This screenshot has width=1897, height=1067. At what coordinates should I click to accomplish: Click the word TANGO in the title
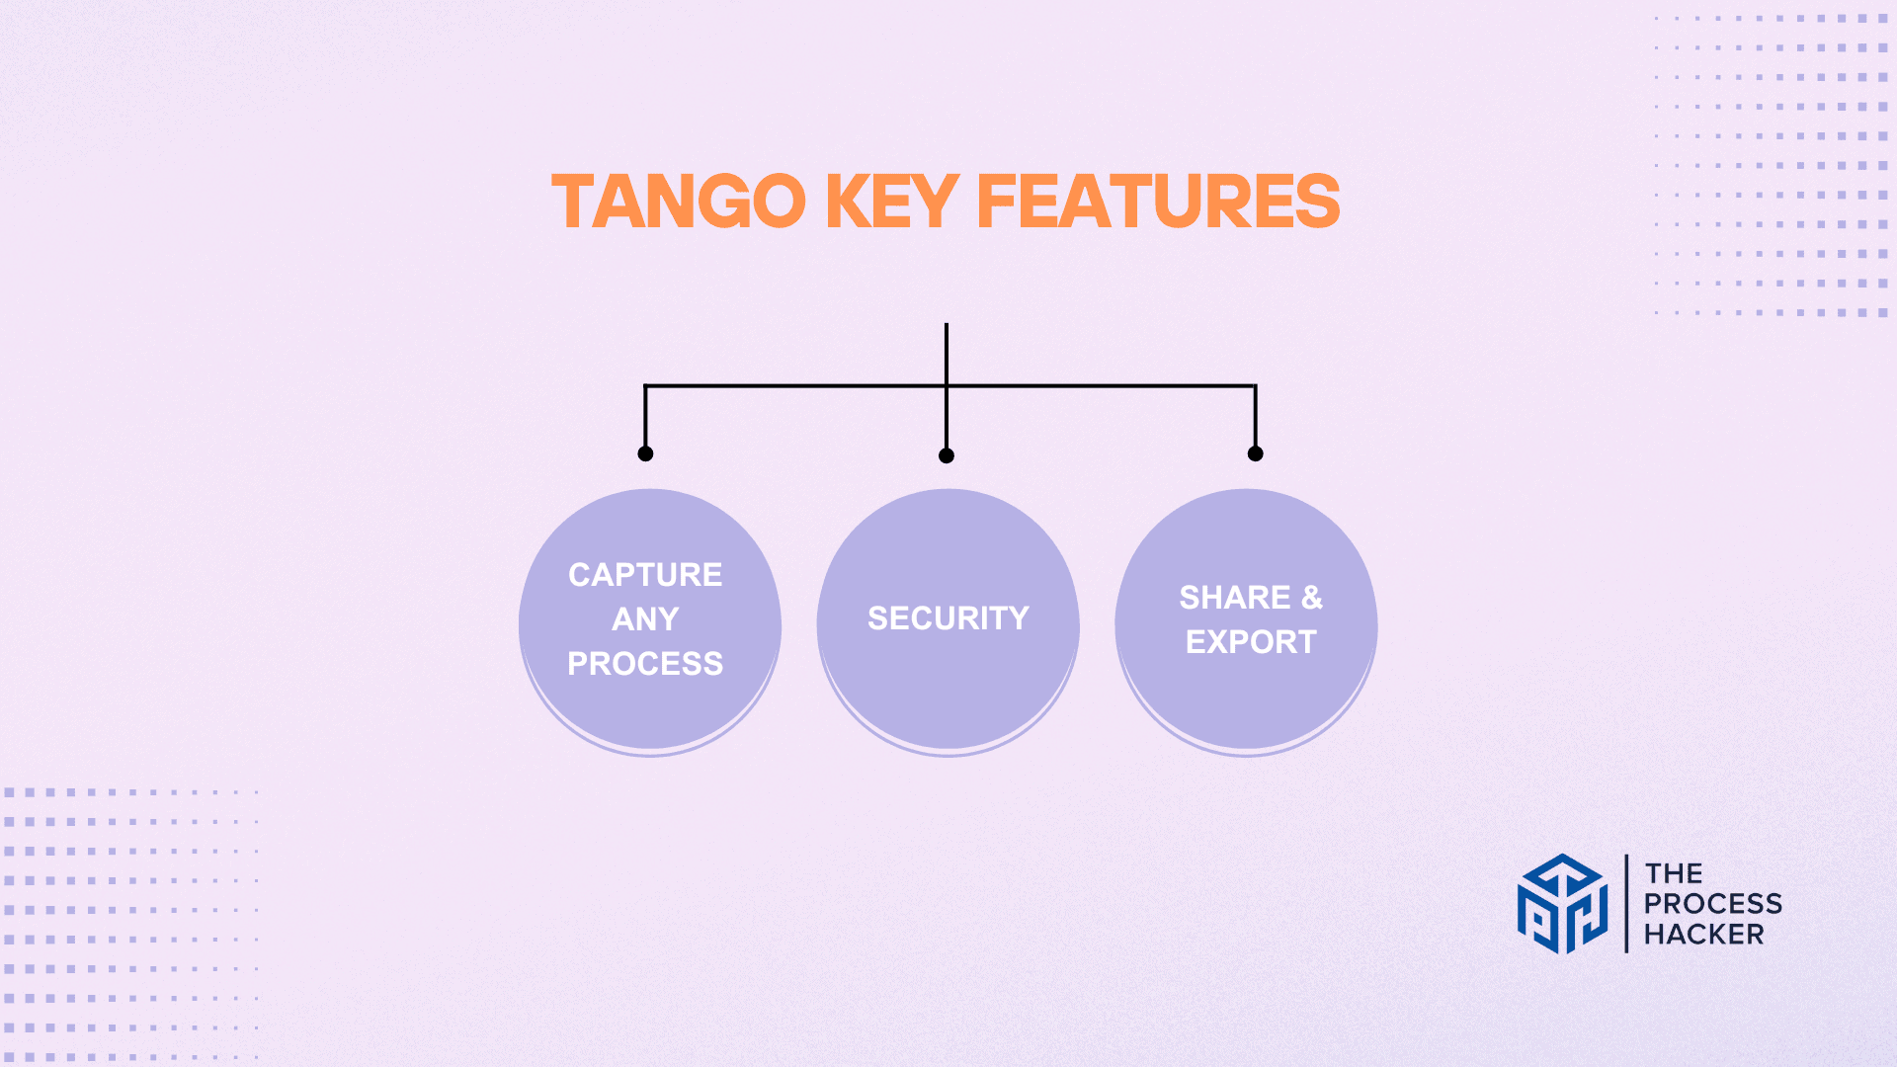tap(679, 202)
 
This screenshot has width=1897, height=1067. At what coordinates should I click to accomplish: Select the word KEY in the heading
tap(891, 202)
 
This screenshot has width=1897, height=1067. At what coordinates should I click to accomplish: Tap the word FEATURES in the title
tap(1158, 202)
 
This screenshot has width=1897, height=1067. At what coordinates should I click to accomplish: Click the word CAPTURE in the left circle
tap(645, 575)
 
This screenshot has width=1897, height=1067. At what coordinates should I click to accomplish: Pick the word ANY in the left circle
tap(645, 619)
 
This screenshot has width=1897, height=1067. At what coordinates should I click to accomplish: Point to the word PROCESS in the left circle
tap(645, 664)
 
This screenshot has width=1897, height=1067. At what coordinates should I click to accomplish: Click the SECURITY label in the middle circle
tap(948, 618)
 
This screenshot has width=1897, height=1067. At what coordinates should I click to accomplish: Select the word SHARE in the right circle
tap(1235, 598)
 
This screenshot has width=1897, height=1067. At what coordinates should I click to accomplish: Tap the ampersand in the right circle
tap(1312, 598)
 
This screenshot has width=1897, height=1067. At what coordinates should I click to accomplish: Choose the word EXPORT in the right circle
tap(1251, 642)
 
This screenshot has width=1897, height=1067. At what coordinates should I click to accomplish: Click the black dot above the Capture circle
tap(645, 453)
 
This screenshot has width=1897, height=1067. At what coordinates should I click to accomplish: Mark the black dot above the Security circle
tap(947, 455)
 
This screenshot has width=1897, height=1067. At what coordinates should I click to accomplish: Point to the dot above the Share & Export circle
tap(1255, 453)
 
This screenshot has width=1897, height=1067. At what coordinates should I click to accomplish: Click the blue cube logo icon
tap(1562, 904)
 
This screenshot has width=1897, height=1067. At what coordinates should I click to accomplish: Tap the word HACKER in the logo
tap(1703, 935)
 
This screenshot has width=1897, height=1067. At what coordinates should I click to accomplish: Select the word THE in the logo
tap(1673, 874)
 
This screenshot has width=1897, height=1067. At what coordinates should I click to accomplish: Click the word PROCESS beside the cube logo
tap(1712, 904)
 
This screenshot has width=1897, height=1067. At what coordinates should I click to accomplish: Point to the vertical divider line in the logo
tap(1626, 904)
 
